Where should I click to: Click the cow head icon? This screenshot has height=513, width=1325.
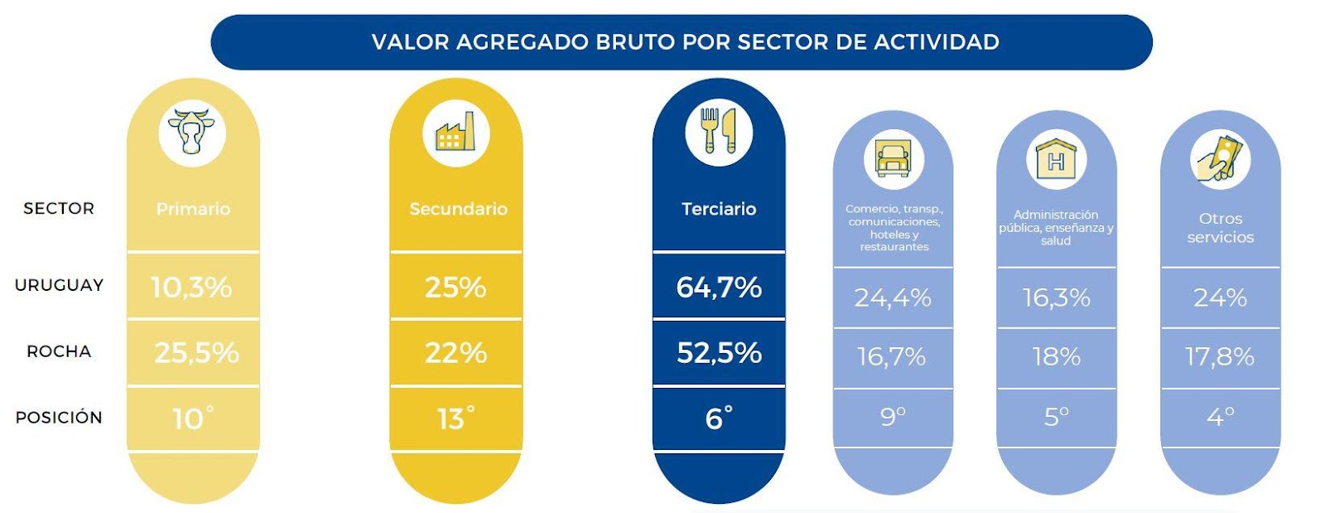tap(191, 131)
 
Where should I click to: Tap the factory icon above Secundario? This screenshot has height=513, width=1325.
tap(455, 131)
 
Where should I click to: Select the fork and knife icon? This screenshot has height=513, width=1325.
tap(719, 131)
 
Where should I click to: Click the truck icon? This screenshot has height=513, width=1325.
tap(894, 158)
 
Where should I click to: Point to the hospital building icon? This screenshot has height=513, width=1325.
tap(1056, 158)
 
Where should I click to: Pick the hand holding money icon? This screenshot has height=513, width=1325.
tap(1220, 158)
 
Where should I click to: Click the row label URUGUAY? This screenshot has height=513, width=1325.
tap(59, 285)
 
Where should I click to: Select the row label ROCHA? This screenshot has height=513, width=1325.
tap(59, 351)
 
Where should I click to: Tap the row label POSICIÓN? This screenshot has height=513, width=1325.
tap(59, 417)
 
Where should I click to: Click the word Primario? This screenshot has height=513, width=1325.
tap(193, 209)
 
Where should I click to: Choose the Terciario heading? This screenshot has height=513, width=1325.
tap(719, 209)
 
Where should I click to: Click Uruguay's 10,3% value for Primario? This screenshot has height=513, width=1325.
tap(191, 288)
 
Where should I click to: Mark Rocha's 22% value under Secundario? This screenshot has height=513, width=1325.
tap(455, 353)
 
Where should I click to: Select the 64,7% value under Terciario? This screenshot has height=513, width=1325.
tap(719, 288)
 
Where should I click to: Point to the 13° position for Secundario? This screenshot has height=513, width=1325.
tap(455, 418)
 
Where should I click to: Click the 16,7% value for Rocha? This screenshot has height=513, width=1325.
tap(891, 357)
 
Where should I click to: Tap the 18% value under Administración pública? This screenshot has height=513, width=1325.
tap(1056, 357)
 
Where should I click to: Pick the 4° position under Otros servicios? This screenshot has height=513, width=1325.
tap(1221, 417)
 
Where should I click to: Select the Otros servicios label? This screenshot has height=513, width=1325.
tap(1221, 228)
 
